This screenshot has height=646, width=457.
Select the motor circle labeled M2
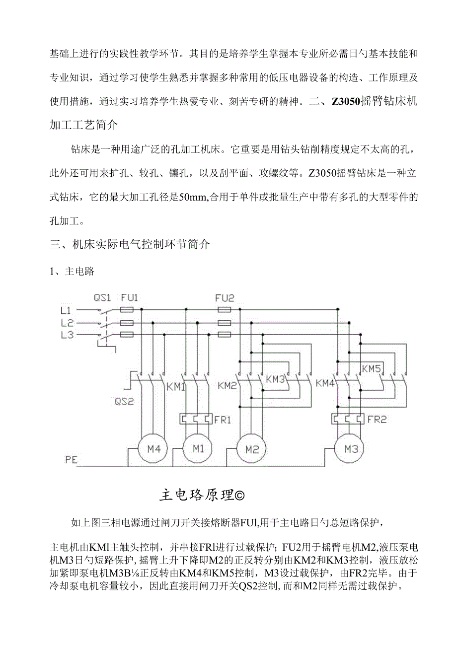252,449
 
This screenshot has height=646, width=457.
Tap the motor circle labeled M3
351,449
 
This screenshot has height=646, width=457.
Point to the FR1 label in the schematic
223,420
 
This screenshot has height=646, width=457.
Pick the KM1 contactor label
176,386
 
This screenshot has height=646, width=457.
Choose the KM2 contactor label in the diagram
227,384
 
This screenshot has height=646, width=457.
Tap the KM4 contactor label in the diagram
325,383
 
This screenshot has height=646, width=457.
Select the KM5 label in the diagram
371,369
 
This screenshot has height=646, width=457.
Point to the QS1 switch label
103,298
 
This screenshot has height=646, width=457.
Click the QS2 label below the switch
124,402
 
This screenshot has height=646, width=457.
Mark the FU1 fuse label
130,298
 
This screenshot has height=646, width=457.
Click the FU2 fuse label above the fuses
225,298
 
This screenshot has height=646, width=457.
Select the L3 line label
67,335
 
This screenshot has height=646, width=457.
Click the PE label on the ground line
71,460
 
